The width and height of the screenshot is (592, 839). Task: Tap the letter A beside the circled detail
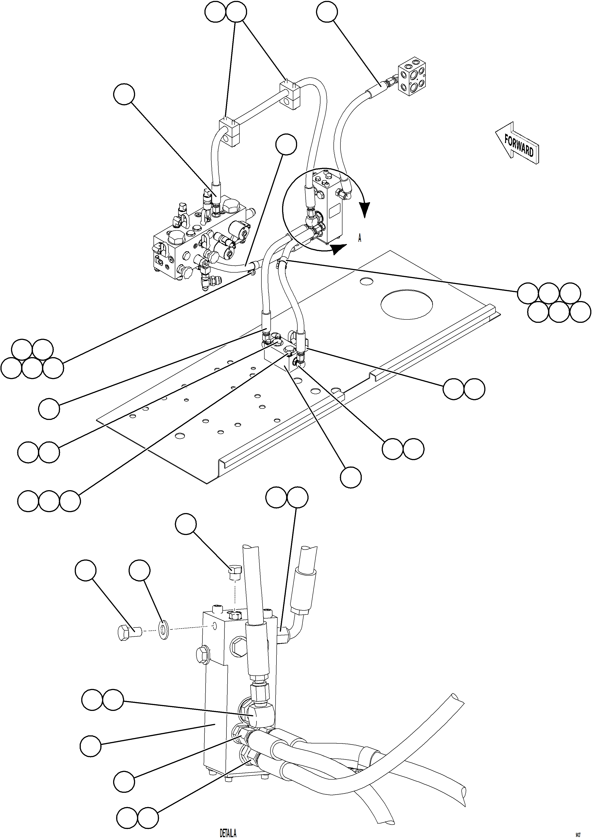click(360, 238)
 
